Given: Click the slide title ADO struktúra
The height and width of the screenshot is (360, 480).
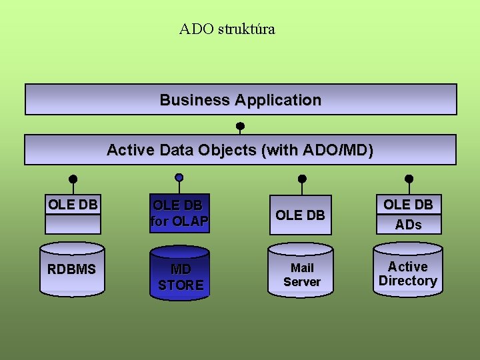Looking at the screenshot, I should click(227, 29).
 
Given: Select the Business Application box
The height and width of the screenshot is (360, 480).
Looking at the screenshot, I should click(240, 100).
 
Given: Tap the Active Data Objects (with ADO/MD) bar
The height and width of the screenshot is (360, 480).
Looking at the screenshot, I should click(240, 150).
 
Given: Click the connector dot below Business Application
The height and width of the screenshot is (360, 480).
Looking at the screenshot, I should click(240, 125).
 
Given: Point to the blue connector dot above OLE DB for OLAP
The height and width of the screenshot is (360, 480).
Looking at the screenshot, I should click(179, 177).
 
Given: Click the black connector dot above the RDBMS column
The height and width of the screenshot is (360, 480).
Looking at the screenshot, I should click(73, 179).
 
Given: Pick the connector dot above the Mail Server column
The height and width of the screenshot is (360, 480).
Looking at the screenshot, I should click(301, 179).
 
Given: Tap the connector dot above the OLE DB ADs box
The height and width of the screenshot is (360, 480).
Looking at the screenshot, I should click(409, 179).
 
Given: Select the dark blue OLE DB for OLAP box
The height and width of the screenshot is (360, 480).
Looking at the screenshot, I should click(179, 213).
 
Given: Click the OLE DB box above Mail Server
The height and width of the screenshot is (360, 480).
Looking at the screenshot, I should click(300, 215).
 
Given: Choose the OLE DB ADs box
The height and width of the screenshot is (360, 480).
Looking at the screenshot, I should click(408, 214).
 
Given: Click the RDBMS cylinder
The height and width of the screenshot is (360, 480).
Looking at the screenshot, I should click(72, 269).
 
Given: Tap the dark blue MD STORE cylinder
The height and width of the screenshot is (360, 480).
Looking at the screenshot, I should click(180, 273).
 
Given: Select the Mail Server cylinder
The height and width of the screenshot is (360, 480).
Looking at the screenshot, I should click(301, 271).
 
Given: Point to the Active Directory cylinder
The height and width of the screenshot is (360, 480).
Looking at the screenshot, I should click(408, 271).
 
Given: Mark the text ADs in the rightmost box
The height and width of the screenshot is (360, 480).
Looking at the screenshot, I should click(408, 225).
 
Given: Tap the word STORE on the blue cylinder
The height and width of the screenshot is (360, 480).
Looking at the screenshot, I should click(181, 285).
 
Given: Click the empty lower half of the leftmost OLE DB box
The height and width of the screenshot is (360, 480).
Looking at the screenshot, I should click(73, 224).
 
